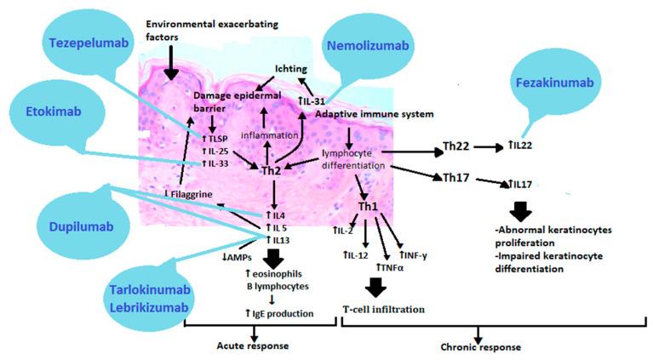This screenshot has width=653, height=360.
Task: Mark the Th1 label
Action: click(367, 207)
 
